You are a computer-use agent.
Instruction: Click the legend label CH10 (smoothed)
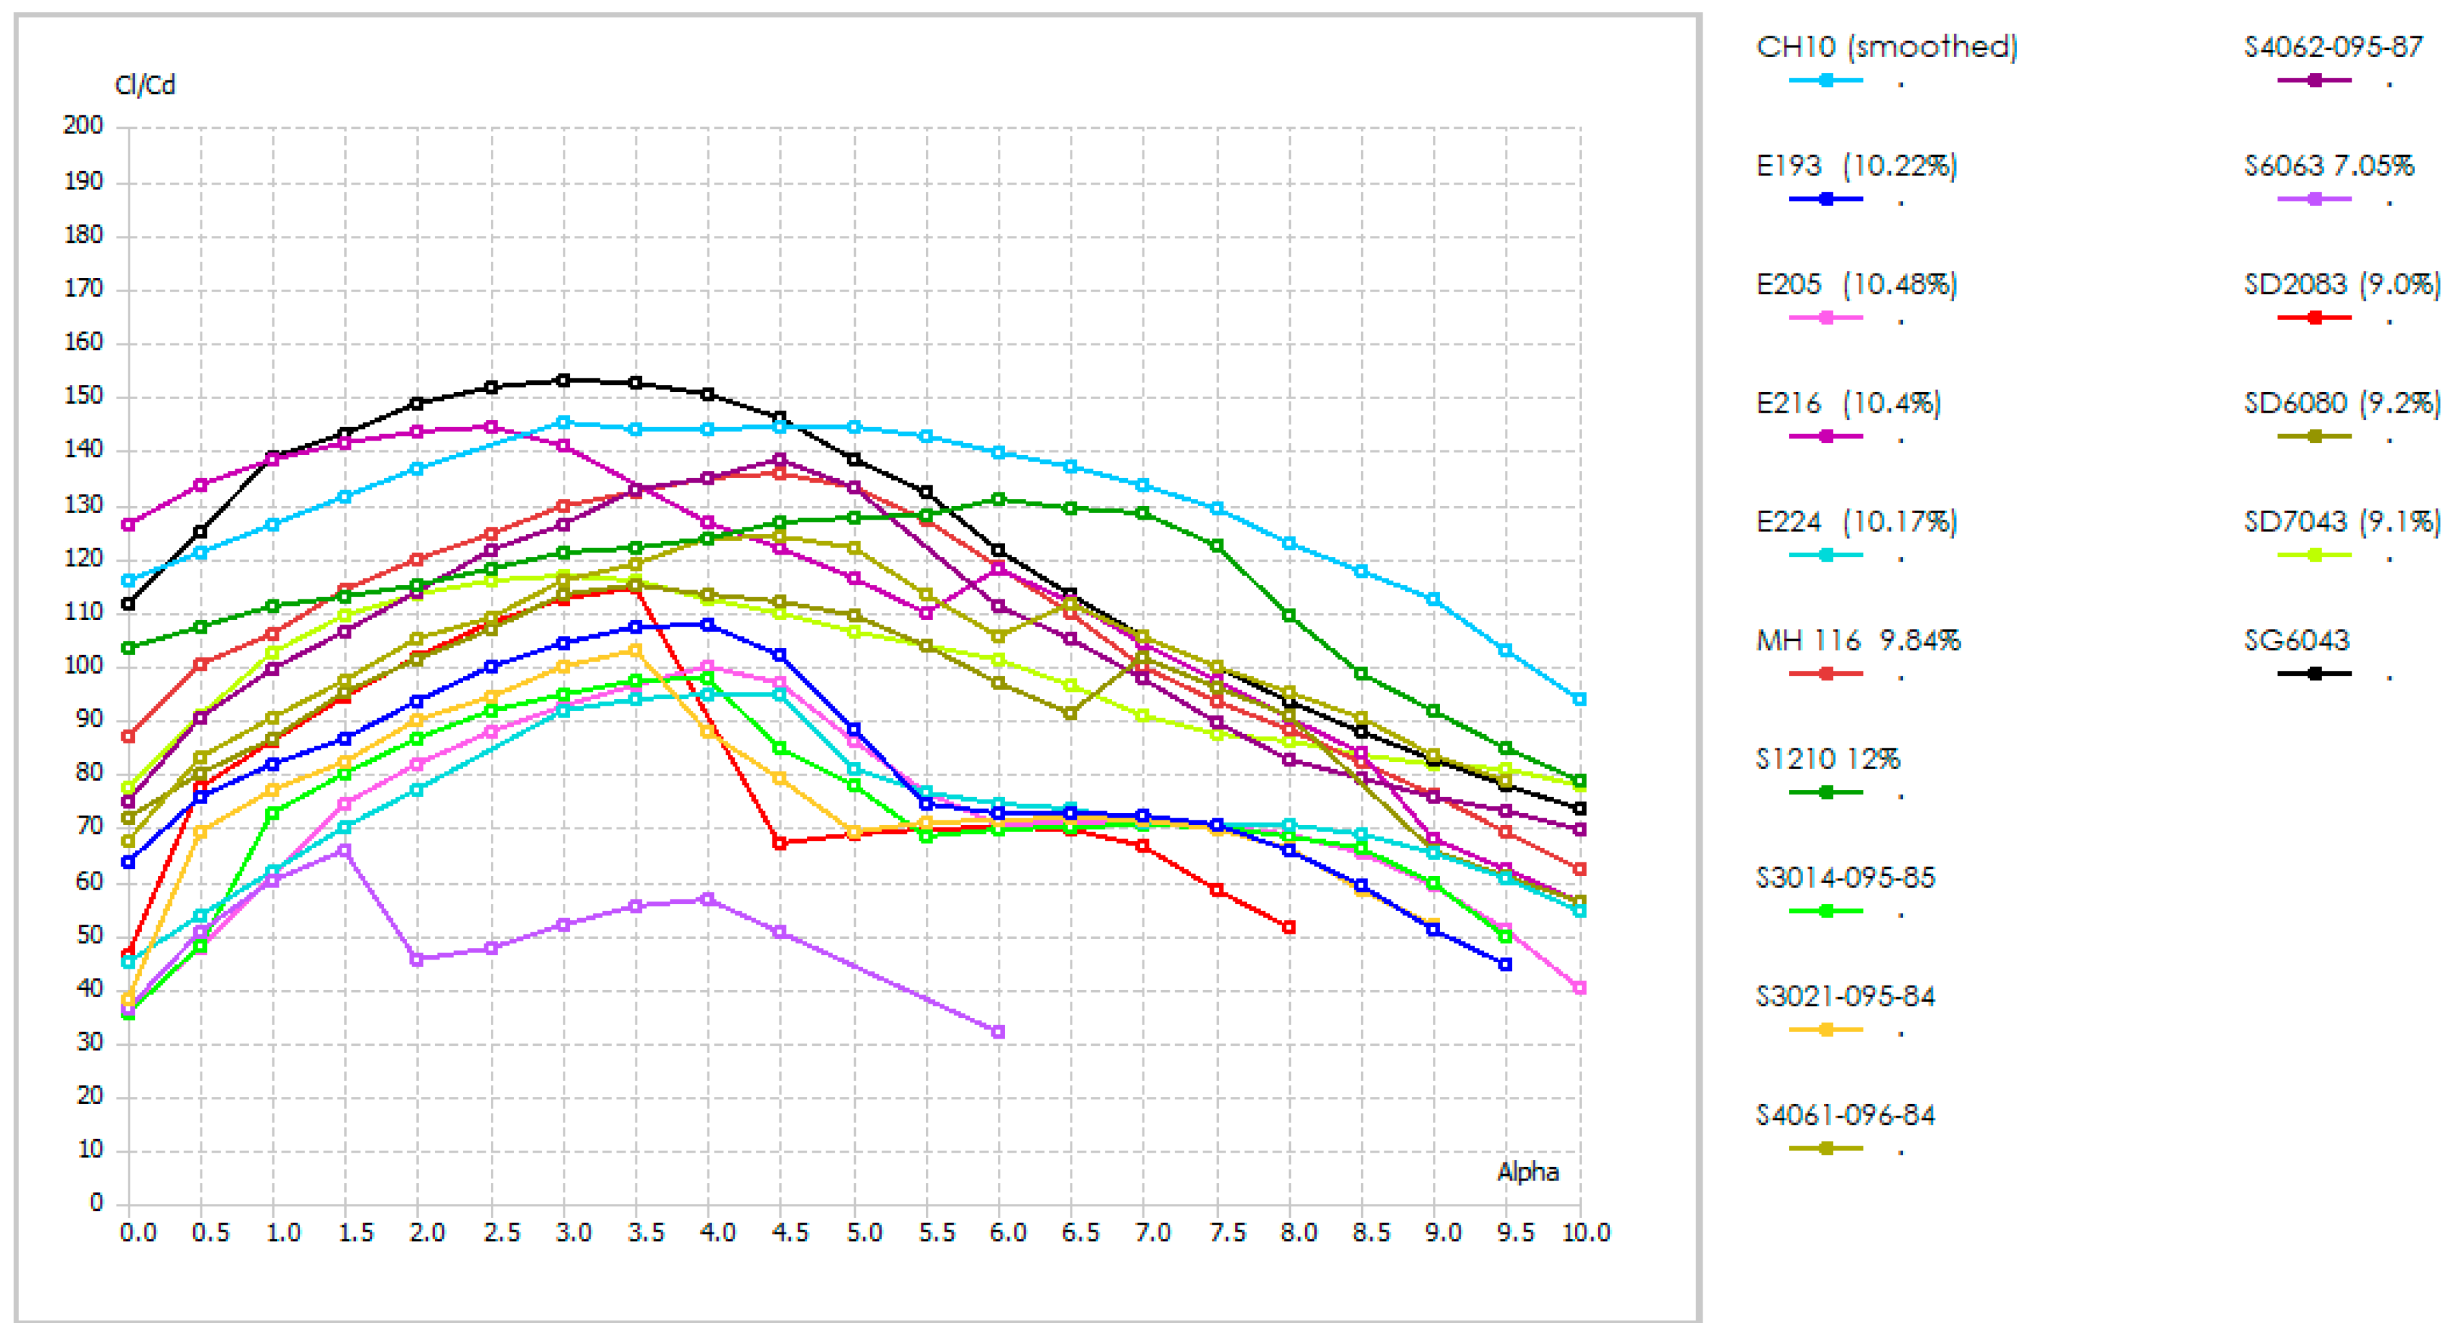point(1887,47)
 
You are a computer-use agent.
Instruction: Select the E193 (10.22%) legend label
point(1856,166)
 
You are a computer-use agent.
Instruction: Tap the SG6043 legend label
point(2297,640)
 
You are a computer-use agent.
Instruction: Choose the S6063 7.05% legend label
point(2329,166)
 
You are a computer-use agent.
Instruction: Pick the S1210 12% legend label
point(1828,759)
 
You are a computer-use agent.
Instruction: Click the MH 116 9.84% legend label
point(1858,640)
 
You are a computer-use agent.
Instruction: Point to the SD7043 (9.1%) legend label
point(2343,522)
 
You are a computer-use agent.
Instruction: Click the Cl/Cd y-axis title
point(145,86)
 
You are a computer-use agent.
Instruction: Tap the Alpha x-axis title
point(1528,1172)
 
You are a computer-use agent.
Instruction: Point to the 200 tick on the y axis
point(83,125)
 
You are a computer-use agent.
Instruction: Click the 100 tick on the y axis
point(83,665)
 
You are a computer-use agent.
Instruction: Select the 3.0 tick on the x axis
point(573,1233)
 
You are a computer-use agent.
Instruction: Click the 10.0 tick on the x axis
point(1585,1233)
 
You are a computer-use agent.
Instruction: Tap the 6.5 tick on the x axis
point(1080,1233)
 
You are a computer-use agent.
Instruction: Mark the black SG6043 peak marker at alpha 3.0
point(563,380)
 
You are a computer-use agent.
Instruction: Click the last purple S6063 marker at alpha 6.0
point(998,1032)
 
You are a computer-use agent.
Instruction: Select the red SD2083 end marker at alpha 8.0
point(1289,927)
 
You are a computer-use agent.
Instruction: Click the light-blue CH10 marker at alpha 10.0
point(1580,700)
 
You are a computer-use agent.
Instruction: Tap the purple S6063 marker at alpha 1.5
point(345,850)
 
